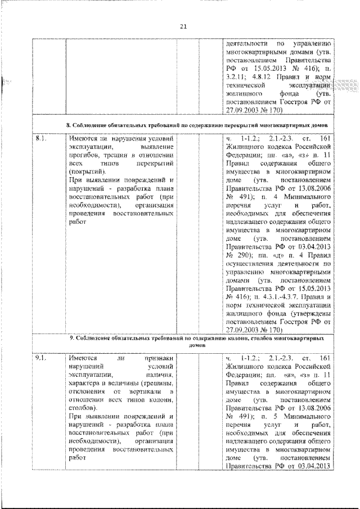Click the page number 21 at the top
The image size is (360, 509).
click(x=183, y=25)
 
